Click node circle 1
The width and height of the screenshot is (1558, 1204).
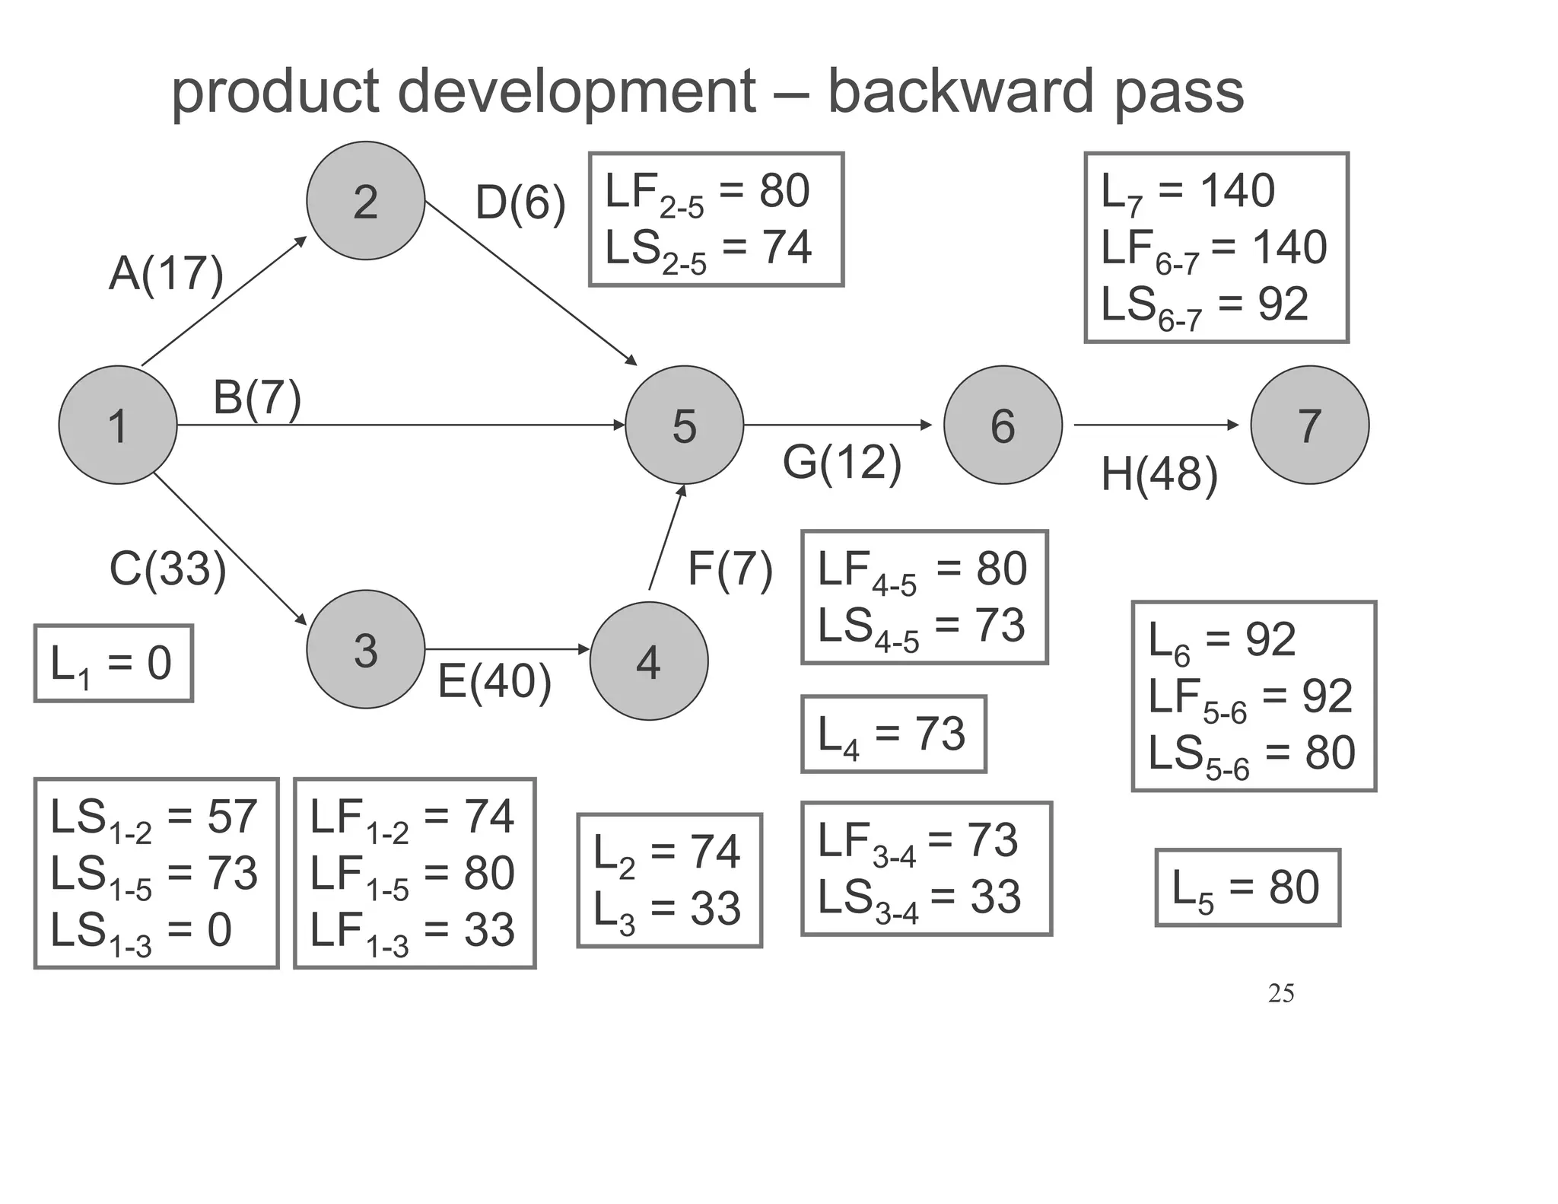pyautogui.click(x=118, y=425)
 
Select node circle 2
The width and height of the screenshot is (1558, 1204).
pyautogui.click(x=366, y=201)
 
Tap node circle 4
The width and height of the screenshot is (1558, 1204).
pyautogui.click(x=649, y=661)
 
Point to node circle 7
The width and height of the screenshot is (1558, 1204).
pyautogui.click(x=1309, y=425)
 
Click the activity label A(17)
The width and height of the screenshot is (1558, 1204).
pyautogui.click(x=167, y=273)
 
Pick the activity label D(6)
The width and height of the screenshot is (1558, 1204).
pyautogui.click(x=520, y=204)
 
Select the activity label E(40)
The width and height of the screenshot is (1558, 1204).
pyautogui.click(x=494, y=681)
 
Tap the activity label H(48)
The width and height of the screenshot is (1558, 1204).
pyautogui.click(x=1159, y=475)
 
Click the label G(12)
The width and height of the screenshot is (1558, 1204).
pyautogui.click(x=842, y=463)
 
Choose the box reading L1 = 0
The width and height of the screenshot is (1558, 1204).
pyautogui.click(x=113, y=664)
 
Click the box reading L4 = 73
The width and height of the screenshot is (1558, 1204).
pyautogui.click(x=893, y=734)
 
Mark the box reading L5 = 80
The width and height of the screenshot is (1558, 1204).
pyautogui.click(x=1247, y=887)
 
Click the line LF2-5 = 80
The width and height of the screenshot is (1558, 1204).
pyautogui.click(x=707, y=192)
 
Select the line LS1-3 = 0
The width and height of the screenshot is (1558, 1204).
pyautogui.click(x=141, y=932)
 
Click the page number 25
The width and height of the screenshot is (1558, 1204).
pyautogui.click(x=1281, y=993)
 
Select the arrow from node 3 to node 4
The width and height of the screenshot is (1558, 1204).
pyautogui.click(x=507, y=649)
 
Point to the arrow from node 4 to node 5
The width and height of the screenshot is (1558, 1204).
pyautogui.click(x=666, y=537)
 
